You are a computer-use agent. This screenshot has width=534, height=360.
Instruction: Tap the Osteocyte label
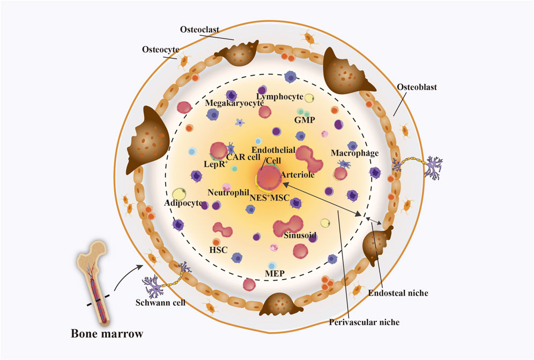click(x=160, y=50)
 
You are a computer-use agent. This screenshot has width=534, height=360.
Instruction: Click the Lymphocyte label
click(x=280, y=90)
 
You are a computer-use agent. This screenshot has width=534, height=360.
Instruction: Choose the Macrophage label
click(x=355, y=153)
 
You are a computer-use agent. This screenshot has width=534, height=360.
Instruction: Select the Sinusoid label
click(x=299, y=235)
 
